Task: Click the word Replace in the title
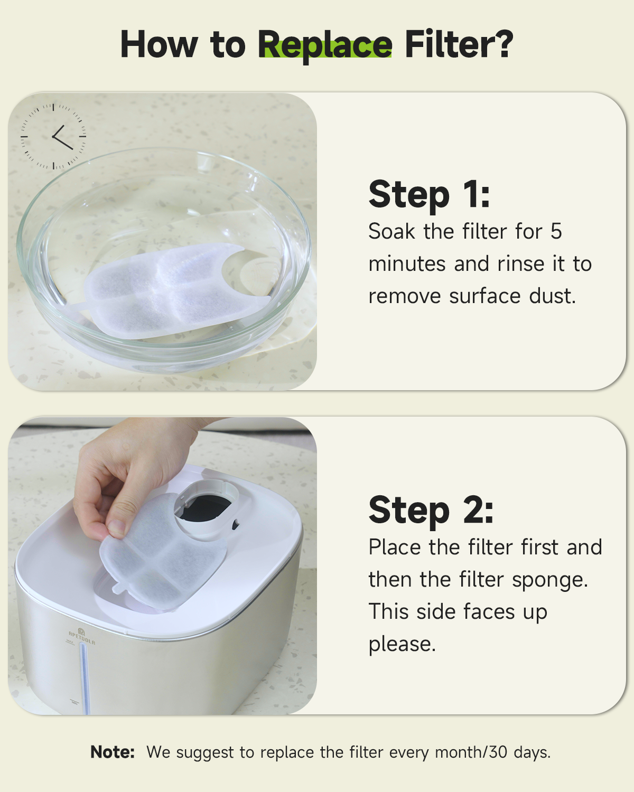click(324, 45)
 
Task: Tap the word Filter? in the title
click(459, 45)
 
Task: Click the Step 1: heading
click(429, 194)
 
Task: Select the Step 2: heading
click(431, 510)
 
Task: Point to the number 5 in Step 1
click(556, 232)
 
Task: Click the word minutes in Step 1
click(406, 264)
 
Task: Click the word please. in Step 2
click(402, 644)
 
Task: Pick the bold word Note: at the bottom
click(113, 752)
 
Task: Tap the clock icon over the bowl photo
click(53, 137)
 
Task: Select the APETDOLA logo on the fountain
click(82, 636)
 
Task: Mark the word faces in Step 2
click(489, 612)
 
